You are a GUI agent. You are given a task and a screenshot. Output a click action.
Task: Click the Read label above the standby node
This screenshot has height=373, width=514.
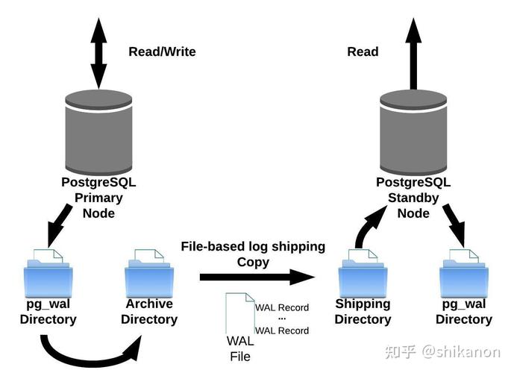[x=363, y=51]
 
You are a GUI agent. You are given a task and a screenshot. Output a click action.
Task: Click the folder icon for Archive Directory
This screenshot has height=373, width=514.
[x=148, y=272]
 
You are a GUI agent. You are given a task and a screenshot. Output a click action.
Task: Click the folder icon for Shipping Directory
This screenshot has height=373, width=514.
[x=363, y=272]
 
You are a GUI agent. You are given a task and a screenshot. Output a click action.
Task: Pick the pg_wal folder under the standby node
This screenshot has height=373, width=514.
[x=464, y=272]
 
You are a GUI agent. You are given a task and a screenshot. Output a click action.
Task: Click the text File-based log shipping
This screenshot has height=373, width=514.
[x=253, y=246]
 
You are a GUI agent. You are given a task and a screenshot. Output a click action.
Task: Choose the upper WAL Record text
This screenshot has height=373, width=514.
[x=282, y=307]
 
